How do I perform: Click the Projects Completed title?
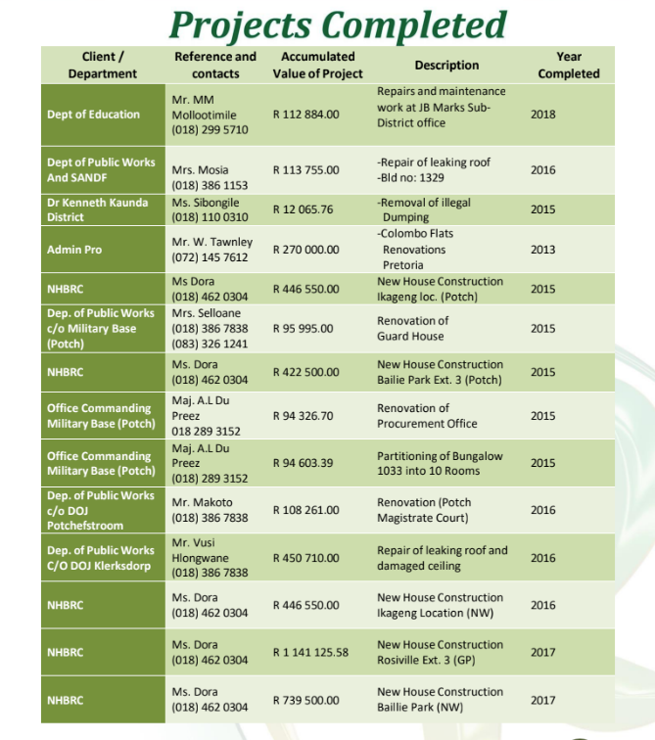338,23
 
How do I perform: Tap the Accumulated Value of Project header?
317,66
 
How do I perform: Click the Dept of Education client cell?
94,115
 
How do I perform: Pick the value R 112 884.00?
306,115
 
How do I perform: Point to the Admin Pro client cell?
74,250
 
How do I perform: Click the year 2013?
542,250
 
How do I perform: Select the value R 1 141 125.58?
310,652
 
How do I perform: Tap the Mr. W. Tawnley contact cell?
211,250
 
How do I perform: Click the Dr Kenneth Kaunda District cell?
98,209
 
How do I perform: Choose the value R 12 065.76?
303,209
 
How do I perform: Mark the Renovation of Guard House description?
412,329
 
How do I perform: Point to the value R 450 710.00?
306,558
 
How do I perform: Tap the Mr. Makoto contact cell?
210,510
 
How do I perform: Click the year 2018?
542,115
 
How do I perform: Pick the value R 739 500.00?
306,700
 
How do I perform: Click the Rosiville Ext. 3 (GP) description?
440,652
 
